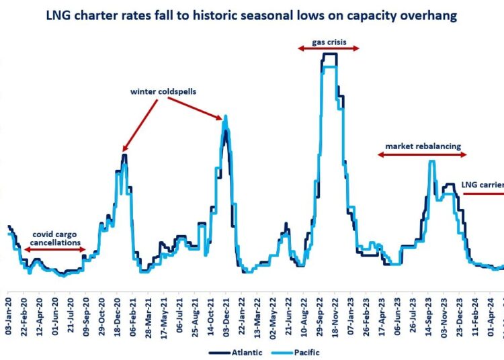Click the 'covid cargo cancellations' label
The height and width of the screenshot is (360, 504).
56,238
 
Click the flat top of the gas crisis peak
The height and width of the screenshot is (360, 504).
329,54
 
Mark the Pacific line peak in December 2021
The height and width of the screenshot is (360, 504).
225,116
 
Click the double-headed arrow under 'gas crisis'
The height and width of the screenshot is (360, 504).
329,48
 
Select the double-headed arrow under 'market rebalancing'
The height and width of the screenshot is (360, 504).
422,154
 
